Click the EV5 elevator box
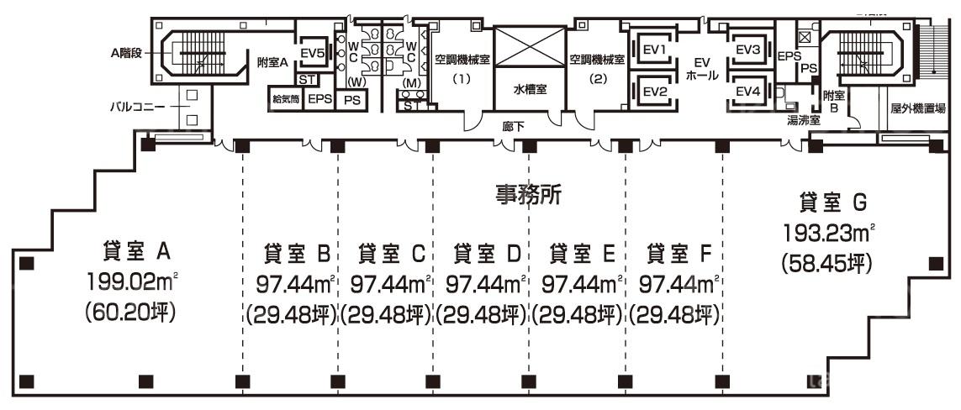coord(312,53)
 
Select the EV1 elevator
coord(654,49)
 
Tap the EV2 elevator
coord(654,92)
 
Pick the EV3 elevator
coord(747,49)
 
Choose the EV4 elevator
coord(747,92)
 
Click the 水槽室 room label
coord(530,89)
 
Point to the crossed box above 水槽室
coord(529,46)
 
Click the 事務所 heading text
coord(528,195)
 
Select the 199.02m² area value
coord(132,284)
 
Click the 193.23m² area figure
coord(829,234)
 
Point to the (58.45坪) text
coord(826,264)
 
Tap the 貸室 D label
coord(487,253)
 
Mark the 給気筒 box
coord(286,98)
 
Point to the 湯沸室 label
coord(803,121)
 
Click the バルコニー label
coord(137,107)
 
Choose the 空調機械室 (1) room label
coord(461,69)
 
